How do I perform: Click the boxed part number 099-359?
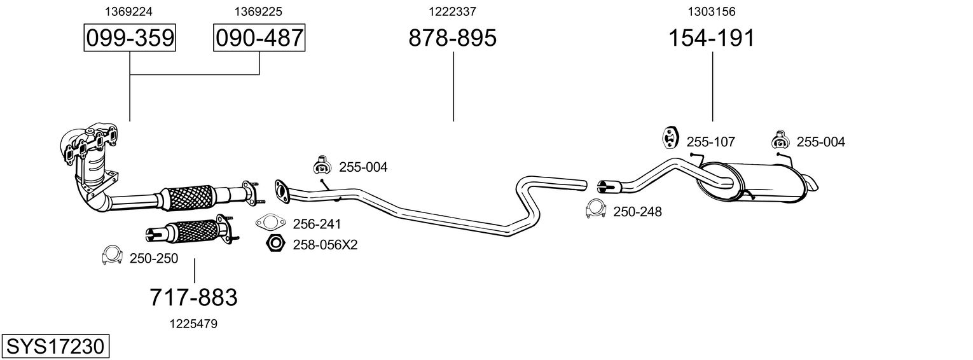pos(130,38)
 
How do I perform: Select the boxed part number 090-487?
pos(259,38)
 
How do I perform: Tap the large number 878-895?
pos(452,38)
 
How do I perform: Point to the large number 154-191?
pos(712,38)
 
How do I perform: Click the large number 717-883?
pos(193,297)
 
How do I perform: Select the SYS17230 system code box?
pos(55,346)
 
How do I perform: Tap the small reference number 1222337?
pos(452,11)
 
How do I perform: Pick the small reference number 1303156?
pos(712,11)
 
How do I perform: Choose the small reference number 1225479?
pos(193,324)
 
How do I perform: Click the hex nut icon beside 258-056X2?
pos(275,243)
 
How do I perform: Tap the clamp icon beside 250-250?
pos(112,256)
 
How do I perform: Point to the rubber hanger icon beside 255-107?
pos(670,137)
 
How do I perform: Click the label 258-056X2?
pos(325,244)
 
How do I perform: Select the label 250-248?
pos(637,212)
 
